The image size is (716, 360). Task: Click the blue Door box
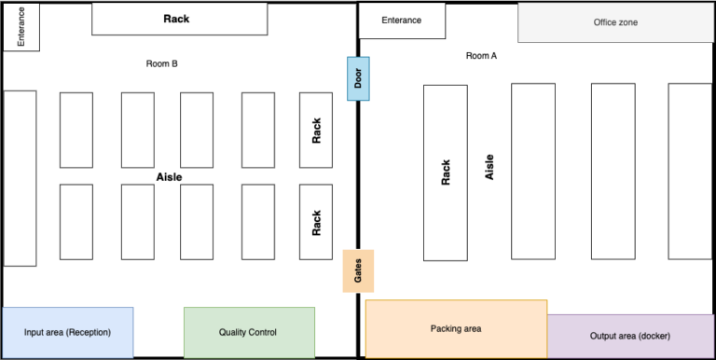[360, 79]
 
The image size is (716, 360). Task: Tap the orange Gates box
[359, 271]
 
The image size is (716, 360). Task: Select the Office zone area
[616, 22]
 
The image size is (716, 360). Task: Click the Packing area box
[456, 328]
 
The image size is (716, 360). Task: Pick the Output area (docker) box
[631, 336]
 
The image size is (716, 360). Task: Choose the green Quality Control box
[248, 332]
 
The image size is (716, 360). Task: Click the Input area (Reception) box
[68, 332]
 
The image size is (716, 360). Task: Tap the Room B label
[161, 64]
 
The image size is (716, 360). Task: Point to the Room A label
[481, 56]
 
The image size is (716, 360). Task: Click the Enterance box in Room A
[402, 21]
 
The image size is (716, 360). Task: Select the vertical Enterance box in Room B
[21, 27]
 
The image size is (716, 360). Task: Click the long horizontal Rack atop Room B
[179, 19]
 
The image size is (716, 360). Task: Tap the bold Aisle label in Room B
[169, 176]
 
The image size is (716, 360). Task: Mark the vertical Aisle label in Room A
[489, 167]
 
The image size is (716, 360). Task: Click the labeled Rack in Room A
[446, 173]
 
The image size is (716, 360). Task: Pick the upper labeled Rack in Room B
[316, 130]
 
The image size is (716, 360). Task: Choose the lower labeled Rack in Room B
[316, 222]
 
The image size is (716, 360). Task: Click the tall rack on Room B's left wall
[21, 178]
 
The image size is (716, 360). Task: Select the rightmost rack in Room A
[689, 171]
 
